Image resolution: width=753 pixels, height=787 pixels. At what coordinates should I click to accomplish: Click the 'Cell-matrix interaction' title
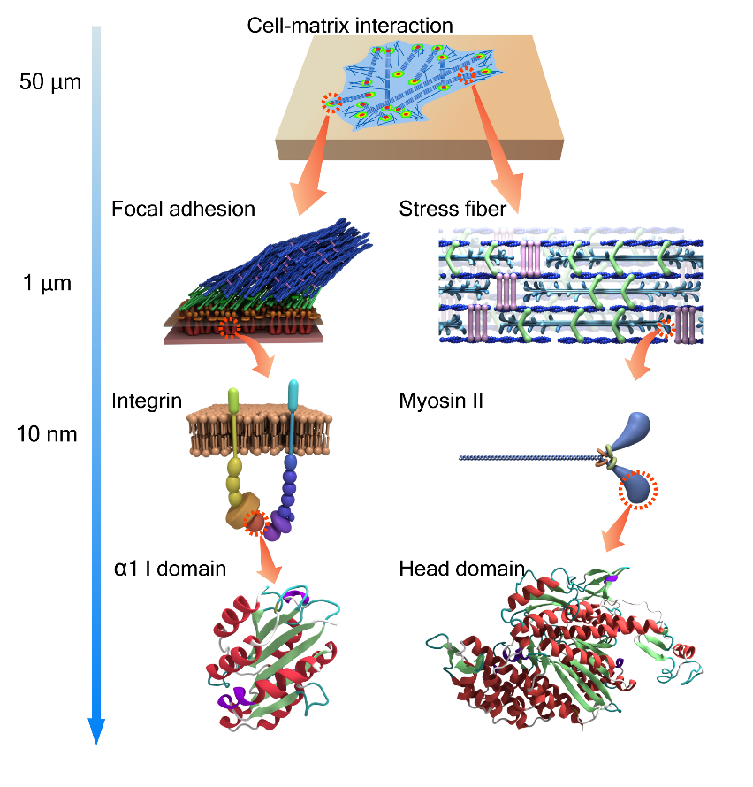click(x=350, y=24)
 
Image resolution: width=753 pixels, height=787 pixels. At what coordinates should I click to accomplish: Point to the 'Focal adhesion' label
click(x=183, y=209)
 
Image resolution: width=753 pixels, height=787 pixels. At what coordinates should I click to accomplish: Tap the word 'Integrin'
click(x=141, y=400)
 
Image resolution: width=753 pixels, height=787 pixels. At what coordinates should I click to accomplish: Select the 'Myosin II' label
click(x=438, y=400)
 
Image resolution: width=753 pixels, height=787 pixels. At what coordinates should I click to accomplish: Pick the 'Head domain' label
click(x=461, y=567)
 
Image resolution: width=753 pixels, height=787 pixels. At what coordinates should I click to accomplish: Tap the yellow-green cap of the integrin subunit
click(x=233, y=400)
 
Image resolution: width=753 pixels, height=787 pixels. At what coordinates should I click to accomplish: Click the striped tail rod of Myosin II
click(x=521, y=458)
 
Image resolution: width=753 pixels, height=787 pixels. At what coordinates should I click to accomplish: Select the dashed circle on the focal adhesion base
click(x=230, y=327)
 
